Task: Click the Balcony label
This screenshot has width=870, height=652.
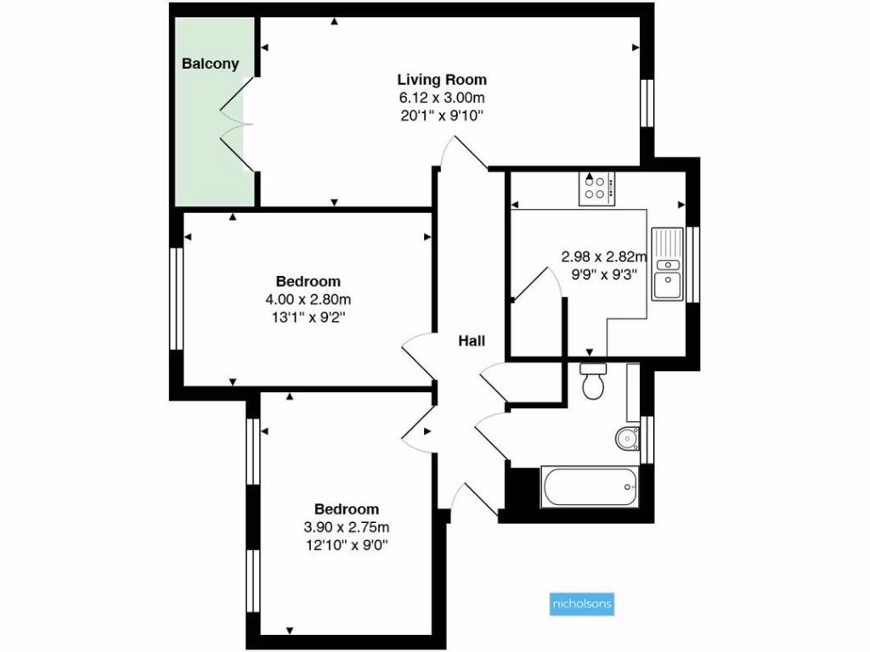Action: tap(210, 64)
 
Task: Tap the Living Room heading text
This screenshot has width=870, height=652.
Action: tap(442, 80)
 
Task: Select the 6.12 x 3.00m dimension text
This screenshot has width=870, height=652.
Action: tap(442, 98)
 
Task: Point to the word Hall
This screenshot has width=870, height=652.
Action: tap(472, 341)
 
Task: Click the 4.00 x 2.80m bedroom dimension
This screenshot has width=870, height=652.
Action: tap(308, 299)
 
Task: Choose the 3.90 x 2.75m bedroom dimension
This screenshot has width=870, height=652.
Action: tap(347, 526)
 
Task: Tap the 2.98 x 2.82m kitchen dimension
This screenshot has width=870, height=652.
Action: tap(604, 256)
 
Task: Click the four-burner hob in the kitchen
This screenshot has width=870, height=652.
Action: tap(597, 188)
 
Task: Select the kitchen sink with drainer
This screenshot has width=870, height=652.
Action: tap(669, 263)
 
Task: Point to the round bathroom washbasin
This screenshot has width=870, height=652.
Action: tap(627, 438)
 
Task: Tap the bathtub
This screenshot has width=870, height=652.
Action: tap(589, 487)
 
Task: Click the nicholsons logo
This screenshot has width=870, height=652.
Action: tap(578, 604)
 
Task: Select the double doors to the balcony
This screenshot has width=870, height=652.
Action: tap(236, 124)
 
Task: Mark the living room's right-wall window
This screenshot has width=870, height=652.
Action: tap(647, 103)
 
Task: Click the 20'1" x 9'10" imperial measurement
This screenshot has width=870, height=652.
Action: tap(442, 115)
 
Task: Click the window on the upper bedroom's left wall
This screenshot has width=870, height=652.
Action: tap(176, 298)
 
